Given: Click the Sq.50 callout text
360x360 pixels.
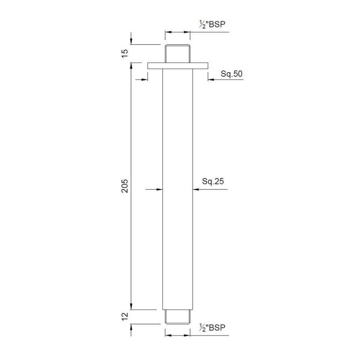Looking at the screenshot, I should click(x=231, y=74).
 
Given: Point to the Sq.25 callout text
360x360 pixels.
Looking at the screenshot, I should click(x=213, y=181).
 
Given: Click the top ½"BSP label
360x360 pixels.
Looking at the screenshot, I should click(x=212, y=25).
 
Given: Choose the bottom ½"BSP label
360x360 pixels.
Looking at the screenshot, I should click(x=212, y=327).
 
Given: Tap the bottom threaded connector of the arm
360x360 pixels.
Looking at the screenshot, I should click(x=177, y=316).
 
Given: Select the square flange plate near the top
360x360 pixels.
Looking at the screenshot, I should click(x=177, y=66).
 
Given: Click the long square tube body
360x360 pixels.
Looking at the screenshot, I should click(x=177, y=187).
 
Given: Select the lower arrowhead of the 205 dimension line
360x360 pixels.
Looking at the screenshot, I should click(x=131, y=306).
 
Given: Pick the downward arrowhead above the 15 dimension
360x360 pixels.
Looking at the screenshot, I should click(x=131, y=42).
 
